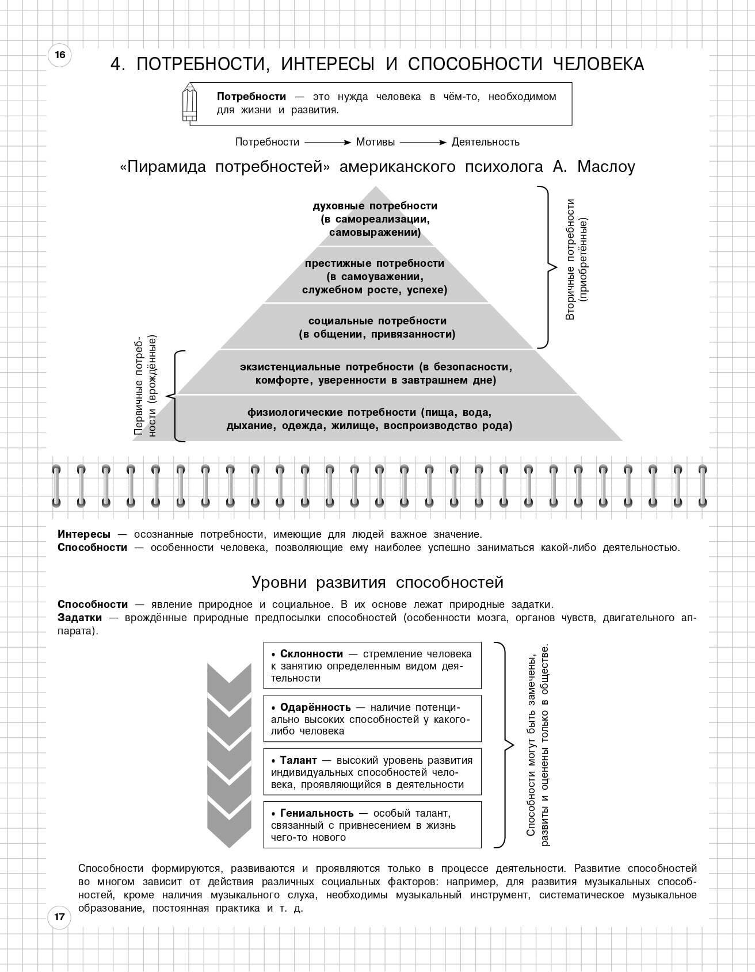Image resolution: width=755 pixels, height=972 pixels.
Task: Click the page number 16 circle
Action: [60, 55]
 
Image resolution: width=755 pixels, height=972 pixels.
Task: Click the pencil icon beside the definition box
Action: [190, 103]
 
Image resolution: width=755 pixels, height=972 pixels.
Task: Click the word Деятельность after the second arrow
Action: [485, 142]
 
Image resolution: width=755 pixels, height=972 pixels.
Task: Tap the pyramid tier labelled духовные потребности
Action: [375, 219]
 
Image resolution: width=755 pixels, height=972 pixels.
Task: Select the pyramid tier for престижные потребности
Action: [375, 277]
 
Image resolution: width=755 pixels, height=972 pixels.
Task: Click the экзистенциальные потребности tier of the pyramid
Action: [376, 373]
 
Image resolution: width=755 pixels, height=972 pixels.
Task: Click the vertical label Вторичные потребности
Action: [577, 259]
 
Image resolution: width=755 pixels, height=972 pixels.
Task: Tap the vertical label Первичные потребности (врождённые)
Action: [145, 386]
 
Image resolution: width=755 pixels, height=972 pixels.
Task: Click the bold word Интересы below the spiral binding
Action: [84, 534]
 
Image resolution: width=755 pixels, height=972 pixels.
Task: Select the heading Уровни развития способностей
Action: [377, 583]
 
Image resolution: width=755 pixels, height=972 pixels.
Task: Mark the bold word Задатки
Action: [79, 618]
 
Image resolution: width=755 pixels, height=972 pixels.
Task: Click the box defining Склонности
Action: [372, 665]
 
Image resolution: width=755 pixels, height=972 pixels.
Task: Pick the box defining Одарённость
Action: [372, 719]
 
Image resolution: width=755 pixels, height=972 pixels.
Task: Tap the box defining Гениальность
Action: [372, 825]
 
